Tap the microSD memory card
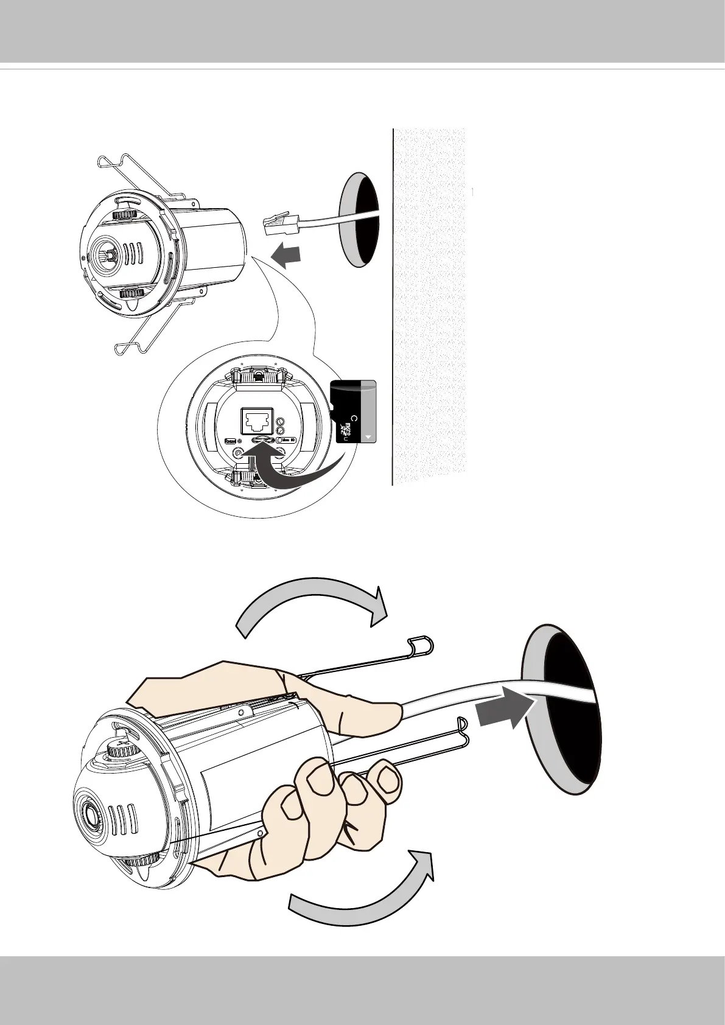(354, 411)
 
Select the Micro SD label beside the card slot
(287, 439)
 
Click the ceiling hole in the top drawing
(360, 219)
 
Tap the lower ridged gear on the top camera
(134, 293)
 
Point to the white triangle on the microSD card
(369, 437)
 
